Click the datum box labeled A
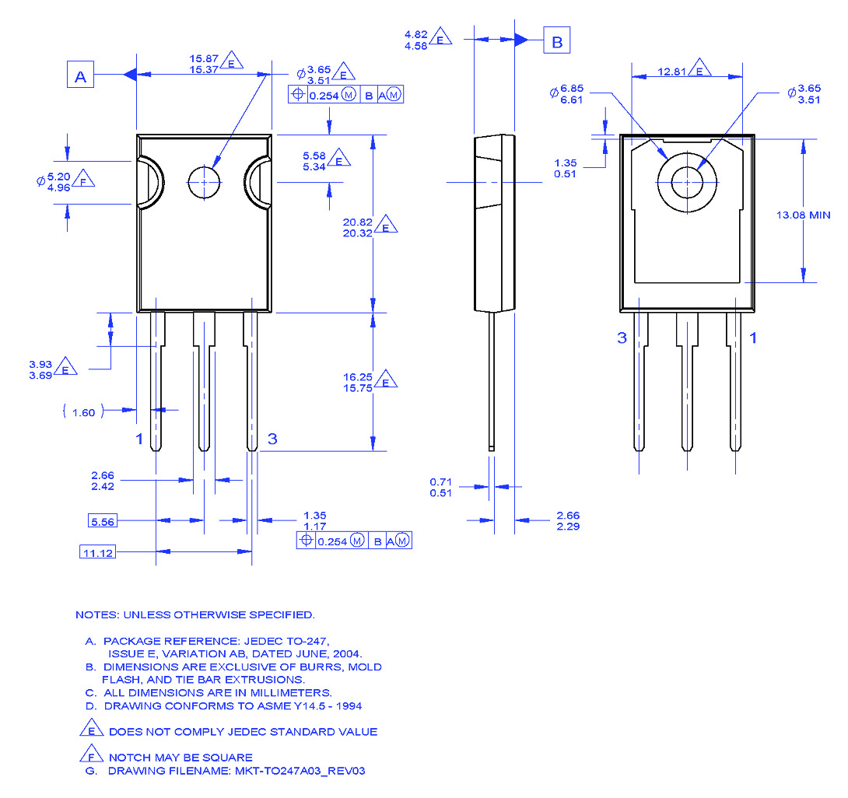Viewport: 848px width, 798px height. (79, 76)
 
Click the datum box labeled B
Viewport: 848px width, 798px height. (556, 42)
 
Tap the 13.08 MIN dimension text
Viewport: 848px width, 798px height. (803, 215)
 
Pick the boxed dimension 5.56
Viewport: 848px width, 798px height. (103, 521)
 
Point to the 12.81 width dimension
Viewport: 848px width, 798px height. (672, 71)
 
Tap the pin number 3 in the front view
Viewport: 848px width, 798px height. (272, 439)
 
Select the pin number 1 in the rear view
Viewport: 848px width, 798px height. (752, 338)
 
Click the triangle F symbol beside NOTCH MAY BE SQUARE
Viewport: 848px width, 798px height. (91, 755)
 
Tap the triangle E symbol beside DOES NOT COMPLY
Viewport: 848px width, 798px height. (91, 730)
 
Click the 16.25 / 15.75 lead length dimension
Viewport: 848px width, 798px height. (359, 381)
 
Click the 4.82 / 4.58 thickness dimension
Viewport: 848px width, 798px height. (418, 39)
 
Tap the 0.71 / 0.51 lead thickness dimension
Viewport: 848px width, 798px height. (440, 487)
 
